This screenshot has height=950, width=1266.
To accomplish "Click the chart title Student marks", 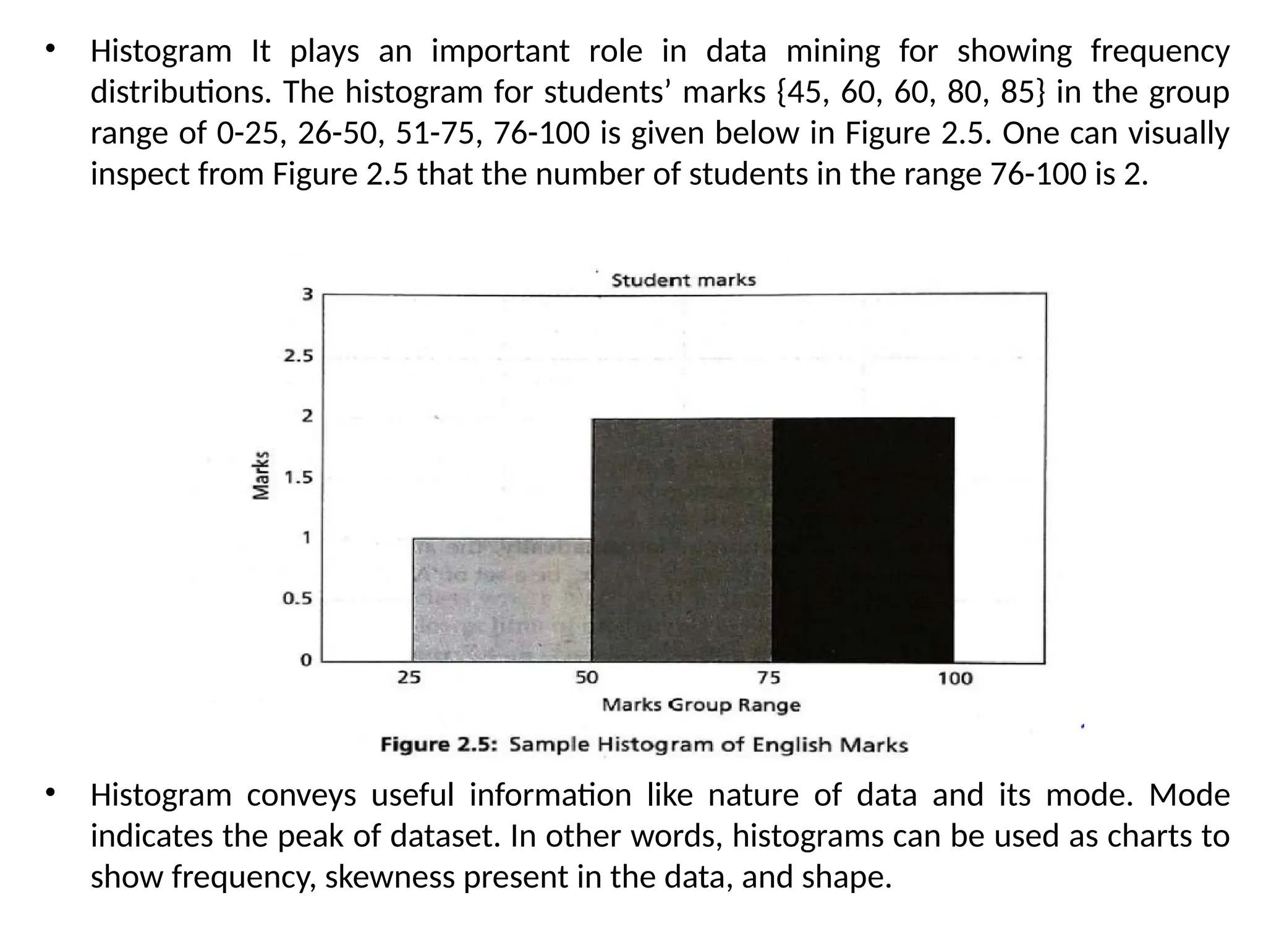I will (683, 280).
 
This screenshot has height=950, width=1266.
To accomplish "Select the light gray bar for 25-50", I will (501, 599).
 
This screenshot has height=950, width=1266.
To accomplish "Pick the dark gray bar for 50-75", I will (682, 540).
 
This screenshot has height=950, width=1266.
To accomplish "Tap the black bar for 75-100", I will (863, 540).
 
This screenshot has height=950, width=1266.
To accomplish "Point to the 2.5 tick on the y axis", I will (299, 356).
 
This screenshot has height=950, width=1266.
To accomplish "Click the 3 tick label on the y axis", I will (307, 294).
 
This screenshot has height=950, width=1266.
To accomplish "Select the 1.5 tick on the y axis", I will (299, 477).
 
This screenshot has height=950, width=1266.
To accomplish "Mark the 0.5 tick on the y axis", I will (297, 599).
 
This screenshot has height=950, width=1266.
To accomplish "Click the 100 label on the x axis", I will (955, 679).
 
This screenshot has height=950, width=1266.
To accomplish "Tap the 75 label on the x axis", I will (768, 678).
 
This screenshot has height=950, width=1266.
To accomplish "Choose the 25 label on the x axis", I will (409, 678).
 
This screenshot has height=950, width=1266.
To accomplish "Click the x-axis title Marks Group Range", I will (701, 705).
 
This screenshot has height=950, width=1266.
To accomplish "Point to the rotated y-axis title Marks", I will (261, 474).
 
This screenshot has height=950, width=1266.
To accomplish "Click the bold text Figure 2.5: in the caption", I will (439, 745).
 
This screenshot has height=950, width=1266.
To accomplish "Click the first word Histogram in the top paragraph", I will (161, 51).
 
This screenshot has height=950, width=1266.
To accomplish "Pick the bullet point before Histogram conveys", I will (51, 792).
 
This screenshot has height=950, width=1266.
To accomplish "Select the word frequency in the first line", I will (1160, 51).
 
